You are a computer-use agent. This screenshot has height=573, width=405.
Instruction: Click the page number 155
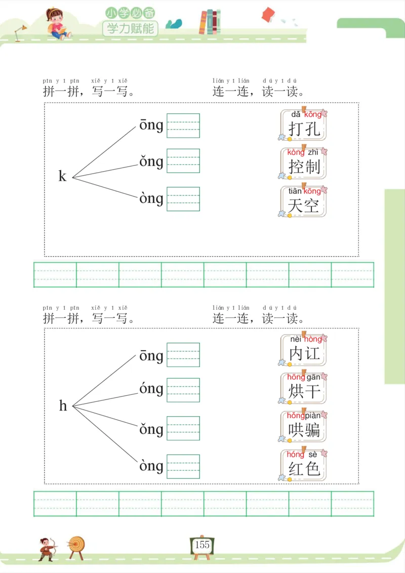(202, 545)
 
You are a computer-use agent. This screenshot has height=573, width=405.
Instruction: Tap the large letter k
(62, 176)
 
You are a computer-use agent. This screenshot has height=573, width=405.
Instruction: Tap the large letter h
(63, 405)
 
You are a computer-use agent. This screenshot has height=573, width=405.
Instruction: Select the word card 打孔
(304, 125)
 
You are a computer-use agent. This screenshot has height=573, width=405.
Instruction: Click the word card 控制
(304, 163)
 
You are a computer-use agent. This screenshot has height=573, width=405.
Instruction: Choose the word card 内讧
(304, 350)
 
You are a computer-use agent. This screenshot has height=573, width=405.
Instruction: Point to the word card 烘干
(304, 388)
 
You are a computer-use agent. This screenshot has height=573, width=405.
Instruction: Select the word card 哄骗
(304, 426)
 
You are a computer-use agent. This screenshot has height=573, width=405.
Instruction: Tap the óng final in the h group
(151, 390)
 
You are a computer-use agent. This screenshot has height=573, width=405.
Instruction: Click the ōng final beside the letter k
(151, 125)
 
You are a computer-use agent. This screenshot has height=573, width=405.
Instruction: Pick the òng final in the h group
(151, 466)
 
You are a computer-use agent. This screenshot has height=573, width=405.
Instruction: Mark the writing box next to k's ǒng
(183, 161)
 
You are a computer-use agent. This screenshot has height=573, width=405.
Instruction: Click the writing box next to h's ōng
(183, 355)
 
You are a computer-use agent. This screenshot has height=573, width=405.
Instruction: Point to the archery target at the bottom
(77, 546)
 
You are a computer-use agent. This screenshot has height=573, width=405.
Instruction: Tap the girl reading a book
(58, 23)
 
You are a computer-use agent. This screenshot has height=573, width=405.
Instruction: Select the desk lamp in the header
(21, 32)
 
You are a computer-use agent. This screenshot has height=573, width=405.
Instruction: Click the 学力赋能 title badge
(130, 28)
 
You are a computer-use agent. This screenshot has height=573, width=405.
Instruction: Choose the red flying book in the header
(268, 15)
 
